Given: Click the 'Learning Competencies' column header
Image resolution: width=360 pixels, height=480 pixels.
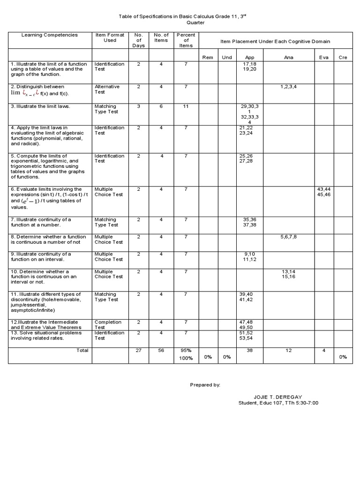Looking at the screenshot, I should tap(49, 35).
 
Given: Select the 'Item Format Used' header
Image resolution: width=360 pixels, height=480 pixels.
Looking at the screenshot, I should tap(110, 37).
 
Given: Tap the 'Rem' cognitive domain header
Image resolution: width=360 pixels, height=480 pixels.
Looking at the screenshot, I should tap(207, 57).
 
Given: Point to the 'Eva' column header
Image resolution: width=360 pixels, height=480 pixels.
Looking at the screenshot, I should tap(324, 57).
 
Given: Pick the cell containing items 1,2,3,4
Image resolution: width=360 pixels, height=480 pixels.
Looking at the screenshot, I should tap(289, 87).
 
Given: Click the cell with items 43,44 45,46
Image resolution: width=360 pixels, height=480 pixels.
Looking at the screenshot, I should tap(324, 191).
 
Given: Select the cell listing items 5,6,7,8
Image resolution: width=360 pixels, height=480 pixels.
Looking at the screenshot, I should tap(289, 237).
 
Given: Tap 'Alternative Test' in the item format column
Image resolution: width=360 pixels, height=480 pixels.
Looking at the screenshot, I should tap(107, 89).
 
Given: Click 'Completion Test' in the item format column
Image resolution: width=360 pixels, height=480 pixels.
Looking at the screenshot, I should tap(108, 324).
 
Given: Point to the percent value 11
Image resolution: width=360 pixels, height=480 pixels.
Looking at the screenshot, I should tap(186, 106).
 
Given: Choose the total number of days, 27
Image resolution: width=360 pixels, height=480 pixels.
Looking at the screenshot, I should tap(138, 350).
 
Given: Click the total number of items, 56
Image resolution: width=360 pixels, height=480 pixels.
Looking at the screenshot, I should tap(161, 350).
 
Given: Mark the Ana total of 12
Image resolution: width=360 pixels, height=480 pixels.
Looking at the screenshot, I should tap(289, 350).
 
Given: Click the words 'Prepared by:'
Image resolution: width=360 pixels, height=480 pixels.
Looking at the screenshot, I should tap(205, 384).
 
